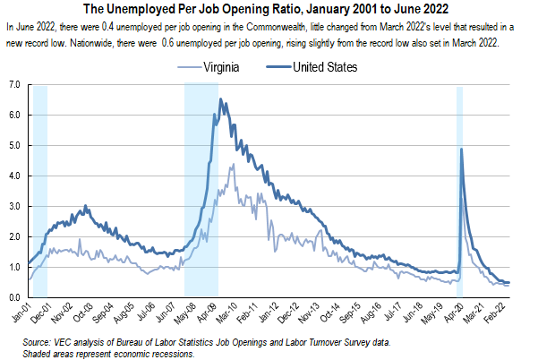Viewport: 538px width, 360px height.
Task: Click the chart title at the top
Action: pos(269,11)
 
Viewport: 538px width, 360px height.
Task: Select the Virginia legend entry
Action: pos(229,67)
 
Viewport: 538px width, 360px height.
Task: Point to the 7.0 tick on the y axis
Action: pos(13,84)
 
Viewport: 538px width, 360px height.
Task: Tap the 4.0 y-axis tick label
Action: pos(13,176)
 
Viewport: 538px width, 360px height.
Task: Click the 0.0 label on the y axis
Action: pos(13,296)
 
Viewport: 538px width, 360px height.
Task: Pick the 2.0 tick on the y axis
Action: pos(13,236)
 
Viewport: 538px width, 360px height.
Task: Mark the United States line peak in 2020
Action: pos(461,149)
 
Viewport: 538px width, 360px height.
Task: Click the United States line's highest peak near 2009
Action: pos(221,99)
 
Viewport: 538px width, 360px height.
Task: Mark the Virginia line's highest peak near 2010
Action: pos(233,164)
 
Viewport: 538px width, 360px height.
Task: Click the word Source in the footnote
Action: pos(39,343)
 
